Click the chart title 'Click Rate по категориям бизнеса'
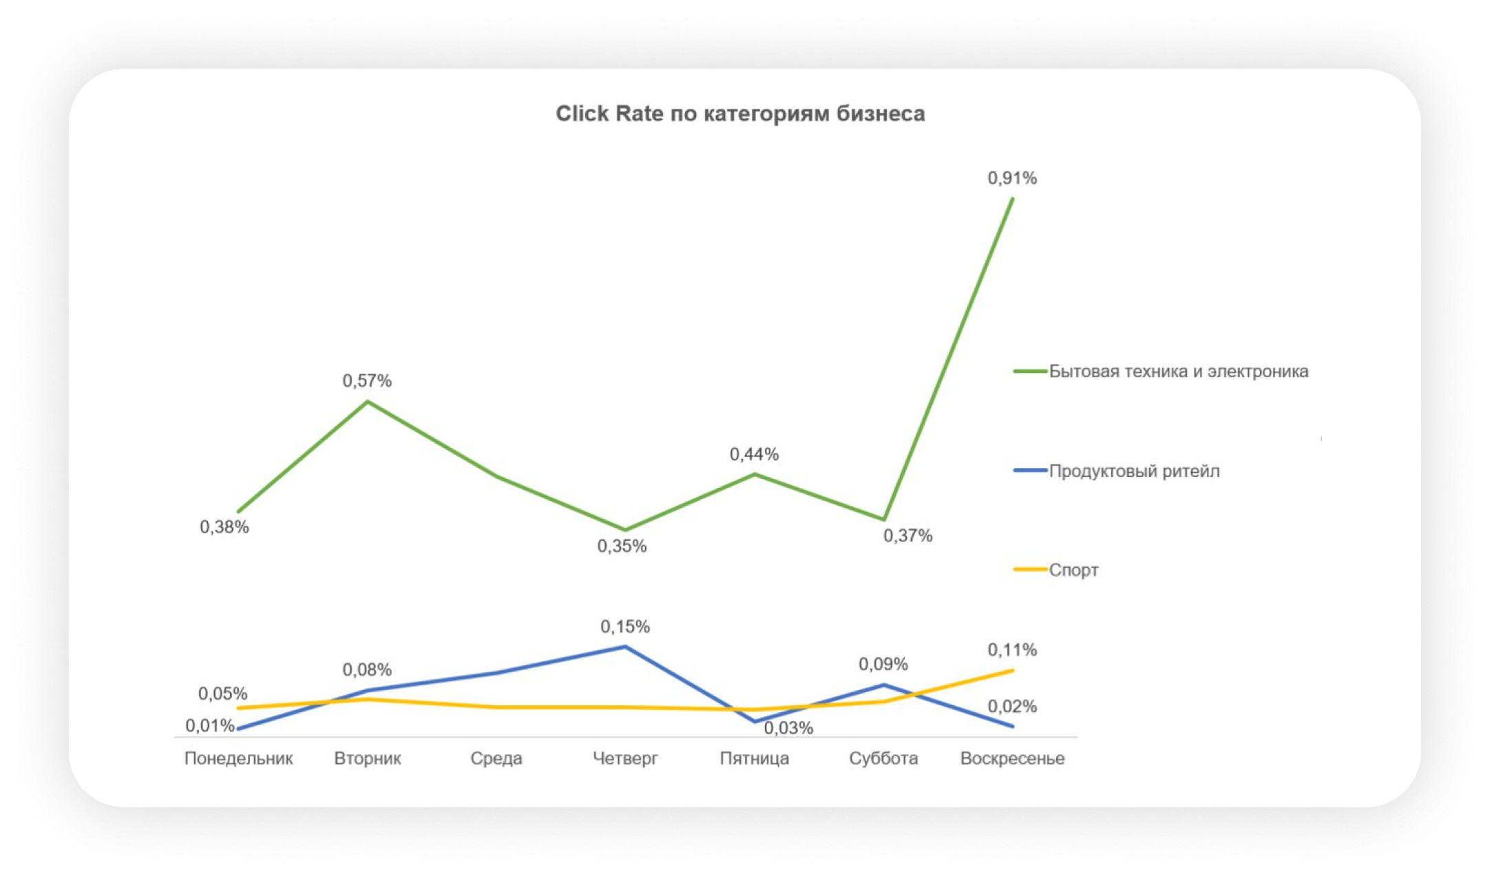point(740,114)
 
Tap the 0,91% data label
point(1011,178)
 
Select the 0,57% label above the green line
point(367,381)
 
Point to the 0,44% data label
point(754,454)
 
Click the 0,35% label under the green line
point(622,546)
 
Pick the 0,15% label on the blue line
point(625,626)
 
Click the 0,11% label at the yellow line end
point(1011,650)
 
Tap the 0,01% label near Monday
point(209,725)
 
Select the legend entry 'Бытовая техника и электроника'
point(1177,372)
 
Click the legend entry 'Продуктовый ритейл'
point(1133,471)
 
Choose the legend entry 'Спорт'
point(1073,570)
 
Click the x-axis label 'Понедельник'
point(238,758)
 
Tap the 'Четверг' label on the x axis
point(625,758)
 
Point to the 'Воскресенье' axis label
point(1012,758)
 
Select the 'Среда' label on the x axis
point(496,758)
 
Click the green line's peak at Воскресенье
point(1012,199)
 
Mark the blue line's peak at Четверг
point(625,647)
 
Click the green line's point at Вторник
point(368,401)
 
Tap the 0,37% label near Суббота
point(907,535)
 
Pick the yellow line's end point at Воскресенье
point(1012,670)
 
